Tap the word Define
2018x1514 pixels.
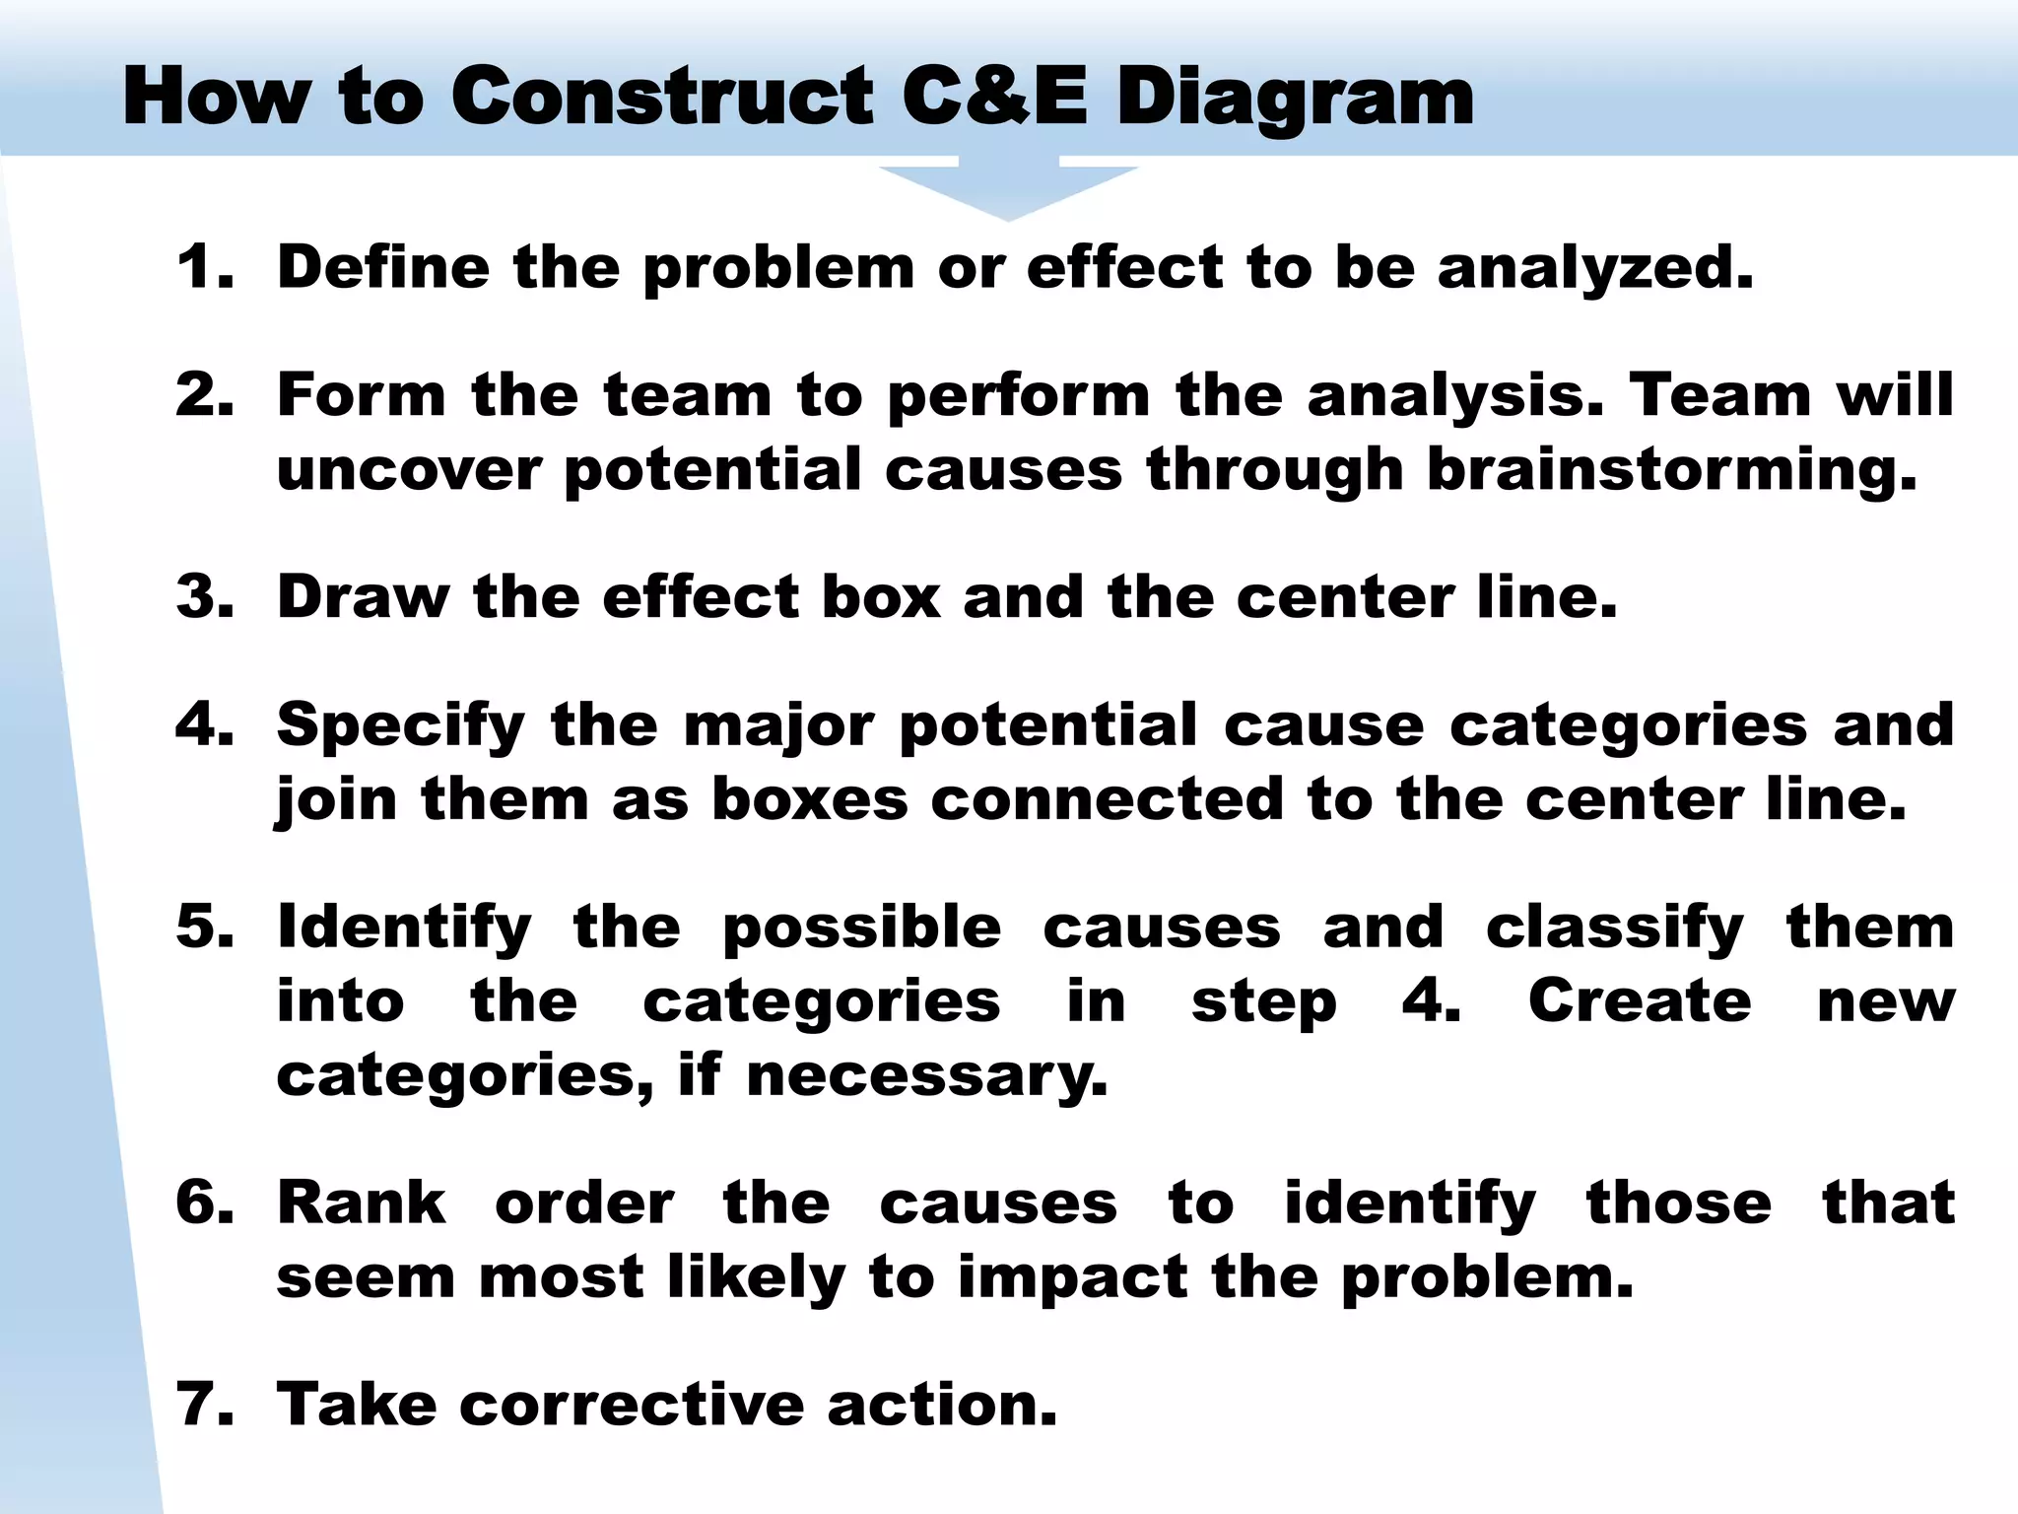tap(383, 267)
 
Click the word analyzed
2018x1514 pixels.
tap(1596, 269)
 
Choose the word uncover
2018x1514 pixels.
tap(409, 469)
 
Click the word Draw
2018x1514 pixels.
tap(363, 597)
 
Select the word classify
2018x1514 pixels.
tap(1614, 929)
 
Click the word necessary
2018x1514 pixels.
tap(927, 1075)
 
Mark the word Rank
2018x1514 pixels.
tap(362, 1203)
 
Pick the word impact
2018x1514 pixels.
tap(1073, 1278)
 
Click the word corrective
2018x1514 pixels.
tap(632, 1404)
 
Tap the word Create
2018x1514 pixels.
tap(1640, 1001)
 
